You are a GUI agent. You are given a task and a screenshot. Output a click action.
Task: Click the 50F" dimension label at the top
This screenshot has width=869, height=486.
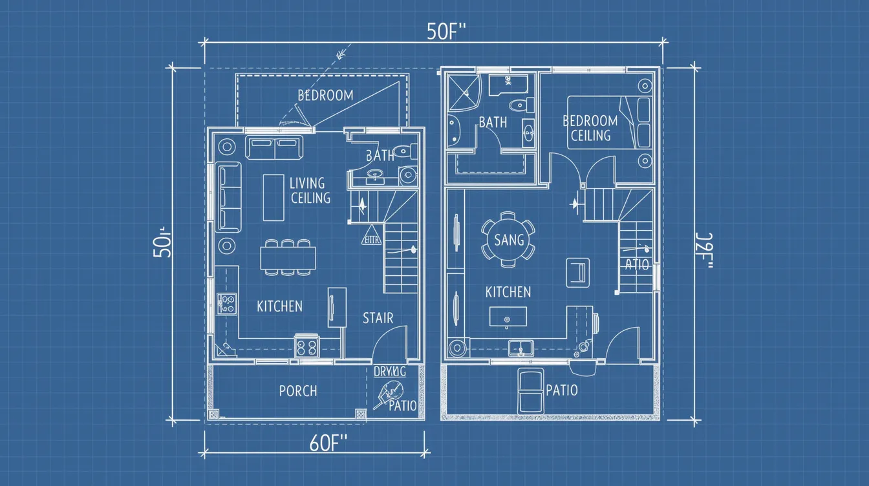click(447, 32)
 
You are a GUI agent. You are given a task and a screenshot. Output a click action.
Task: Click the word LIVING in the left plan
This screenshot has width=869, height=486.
click(307, 184)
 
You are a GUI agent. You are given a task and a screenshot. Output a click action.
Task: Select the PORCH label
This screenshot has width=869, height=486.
click(298, 391)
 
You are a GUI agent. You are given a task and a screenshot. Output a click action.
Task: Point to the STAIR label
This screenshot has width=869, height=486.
click(378, 318)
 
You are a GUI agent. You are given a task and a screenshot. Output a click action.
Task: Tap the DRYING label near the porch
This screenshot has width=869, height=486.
click(390, 372)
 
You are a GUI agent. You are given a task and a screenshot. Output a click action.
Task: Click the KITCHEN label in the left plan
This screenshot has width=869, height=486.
click(279, 306)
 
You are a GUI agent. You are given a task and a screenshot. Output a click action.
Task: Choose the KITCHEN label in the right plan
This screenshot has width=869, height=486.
click(508, 292)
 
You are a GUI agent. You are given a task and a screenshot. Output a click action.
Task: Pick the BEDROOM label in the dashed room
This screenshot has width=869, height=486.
click(325, 96)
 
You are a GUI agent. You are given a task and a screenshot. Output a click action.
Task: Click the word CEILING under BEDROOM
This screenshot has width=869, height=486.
click(590, 136)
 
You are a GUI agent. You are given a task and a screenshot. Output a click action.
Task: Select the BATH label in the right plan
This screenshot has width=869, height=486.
click(493, 122)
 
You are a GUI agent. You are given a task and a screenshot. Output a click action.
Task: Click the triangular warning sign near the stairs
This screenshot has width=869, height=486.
click(370, 236)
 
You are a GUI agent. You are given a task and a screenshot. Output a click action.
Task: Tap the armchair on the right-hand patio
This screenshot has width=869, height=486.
click(531, 390)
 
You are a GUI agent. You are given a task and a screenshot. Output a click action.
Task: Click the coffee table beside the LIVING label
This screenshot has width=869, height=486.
click(274, 197)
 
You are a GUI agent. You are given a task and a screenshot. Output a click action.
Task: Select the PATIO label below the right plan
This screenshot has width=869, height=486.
click(562, 390)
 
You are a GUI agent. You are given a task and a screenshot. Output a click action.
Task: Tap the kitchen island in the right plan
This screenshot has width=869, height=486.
click(508, 317)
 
